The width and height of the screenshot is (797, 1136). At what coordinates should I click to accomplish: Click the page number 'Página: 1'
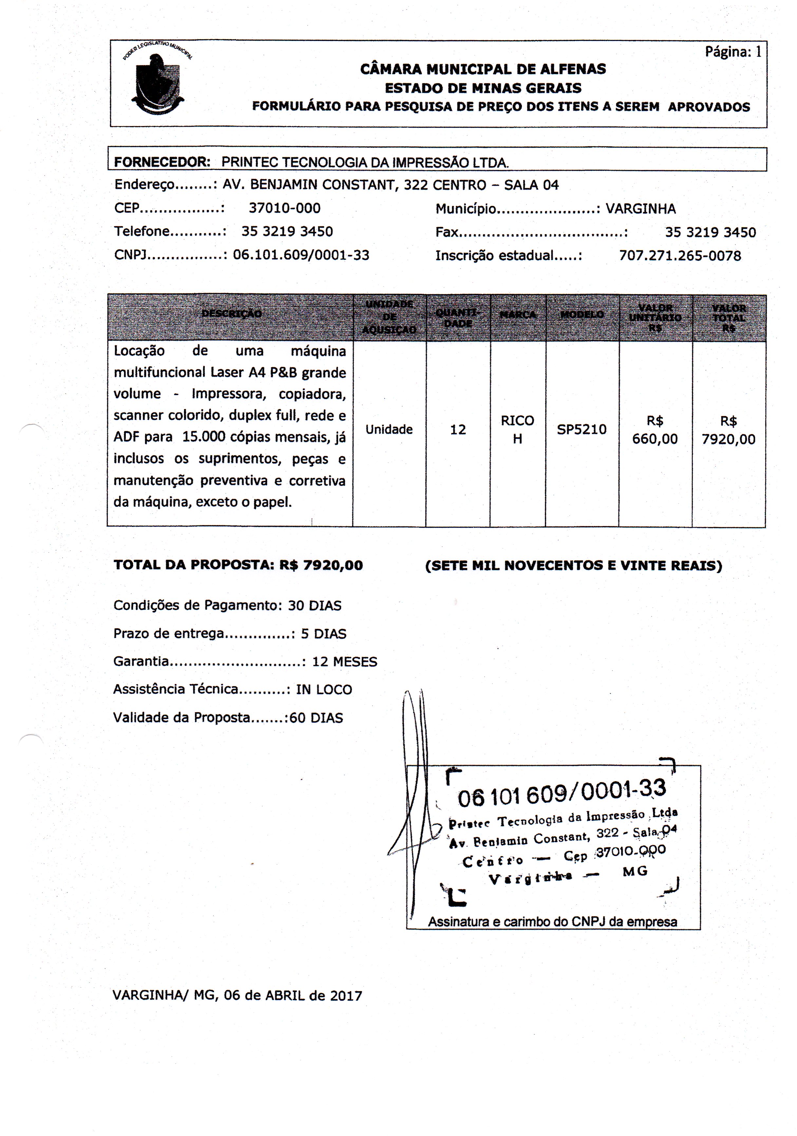(x=733, y=51)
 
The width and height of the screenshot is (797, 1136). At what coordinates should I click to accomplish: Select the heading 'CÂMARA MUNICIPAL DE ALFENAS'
(x=483, y=69)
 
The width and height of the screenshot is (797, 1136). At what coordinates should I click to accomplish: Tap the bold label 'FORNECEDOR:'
(x=162, y=162)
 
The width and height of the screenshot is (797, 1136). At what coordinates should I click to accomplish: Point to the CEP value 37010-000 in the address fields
(x=284, y=208)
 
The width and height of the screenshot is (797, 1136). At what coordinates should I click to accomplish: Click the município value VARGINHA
(x=641, y=209)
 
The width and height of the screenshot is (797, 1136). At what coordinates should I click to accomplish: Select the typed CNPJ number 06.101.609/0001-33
(x=301, y=255)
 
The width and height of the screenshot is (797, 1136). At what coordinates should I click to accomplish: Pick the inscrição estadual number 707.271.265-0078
(x=680, y=256)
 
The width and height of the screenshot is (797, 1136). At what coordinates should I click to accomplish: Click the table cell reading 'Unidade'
(x=389, y=429)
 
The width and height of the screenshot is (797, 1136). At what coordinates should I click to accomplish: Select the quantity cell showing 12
(x=458, y=429)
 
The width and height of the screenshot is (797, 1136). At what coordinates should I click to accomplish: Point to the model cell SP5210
(x=581, y=429)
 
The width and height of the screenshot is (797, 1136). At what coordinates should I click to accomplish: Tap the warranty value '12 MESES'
(x=344, y=661)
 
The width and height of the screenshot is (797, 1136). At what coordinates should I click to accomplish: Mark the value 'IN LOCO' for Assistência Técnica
(x=324, y=690)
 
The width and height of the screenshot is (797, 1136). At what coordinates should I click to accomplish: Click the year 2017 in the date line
(x=346, y=995)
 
